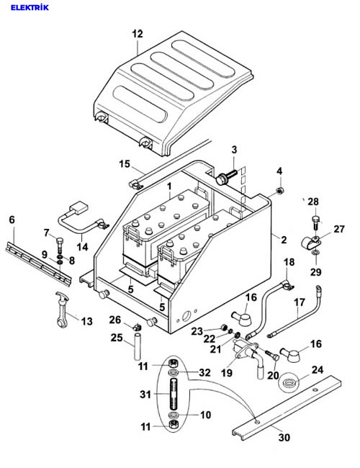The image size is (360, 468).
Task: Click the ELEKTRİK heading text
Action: coord(30,7)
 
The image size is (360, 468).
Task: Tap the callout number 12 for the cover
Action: coord(138,34)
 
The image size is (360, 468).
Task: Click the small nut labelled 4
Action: coord(279,190)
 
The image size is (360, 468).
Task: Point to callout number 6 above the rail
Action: coord(12,220)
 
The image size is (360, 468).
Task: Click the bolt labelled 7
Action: coord(60,245)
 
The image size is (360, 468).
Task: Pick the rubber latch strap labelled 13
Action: coord(63,310)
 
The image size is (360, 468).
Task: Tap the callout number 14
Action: coord(82,247)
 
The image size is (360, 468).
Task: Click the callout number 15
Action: coord(125,164)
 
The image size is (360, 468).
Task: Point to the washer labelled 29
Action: coord(315,253)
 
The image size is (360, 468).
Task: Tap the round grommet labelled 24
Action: coord(288,382)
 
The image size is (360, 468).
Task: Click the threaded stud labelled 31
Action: coord(174,394)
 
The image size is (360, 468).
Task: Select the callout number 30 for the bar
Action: coord(284,438)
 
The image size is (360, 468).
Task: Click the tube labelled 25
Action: coord(137,347)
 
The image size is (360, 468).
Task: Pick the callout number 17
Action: coord(300,302)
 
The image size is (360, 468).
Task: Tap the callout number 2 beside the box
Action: coord(284,239)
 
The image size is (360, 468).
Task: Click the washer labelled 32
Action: coord(174,372)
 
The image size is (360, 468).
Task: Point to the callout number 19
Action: coord(227,373)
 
